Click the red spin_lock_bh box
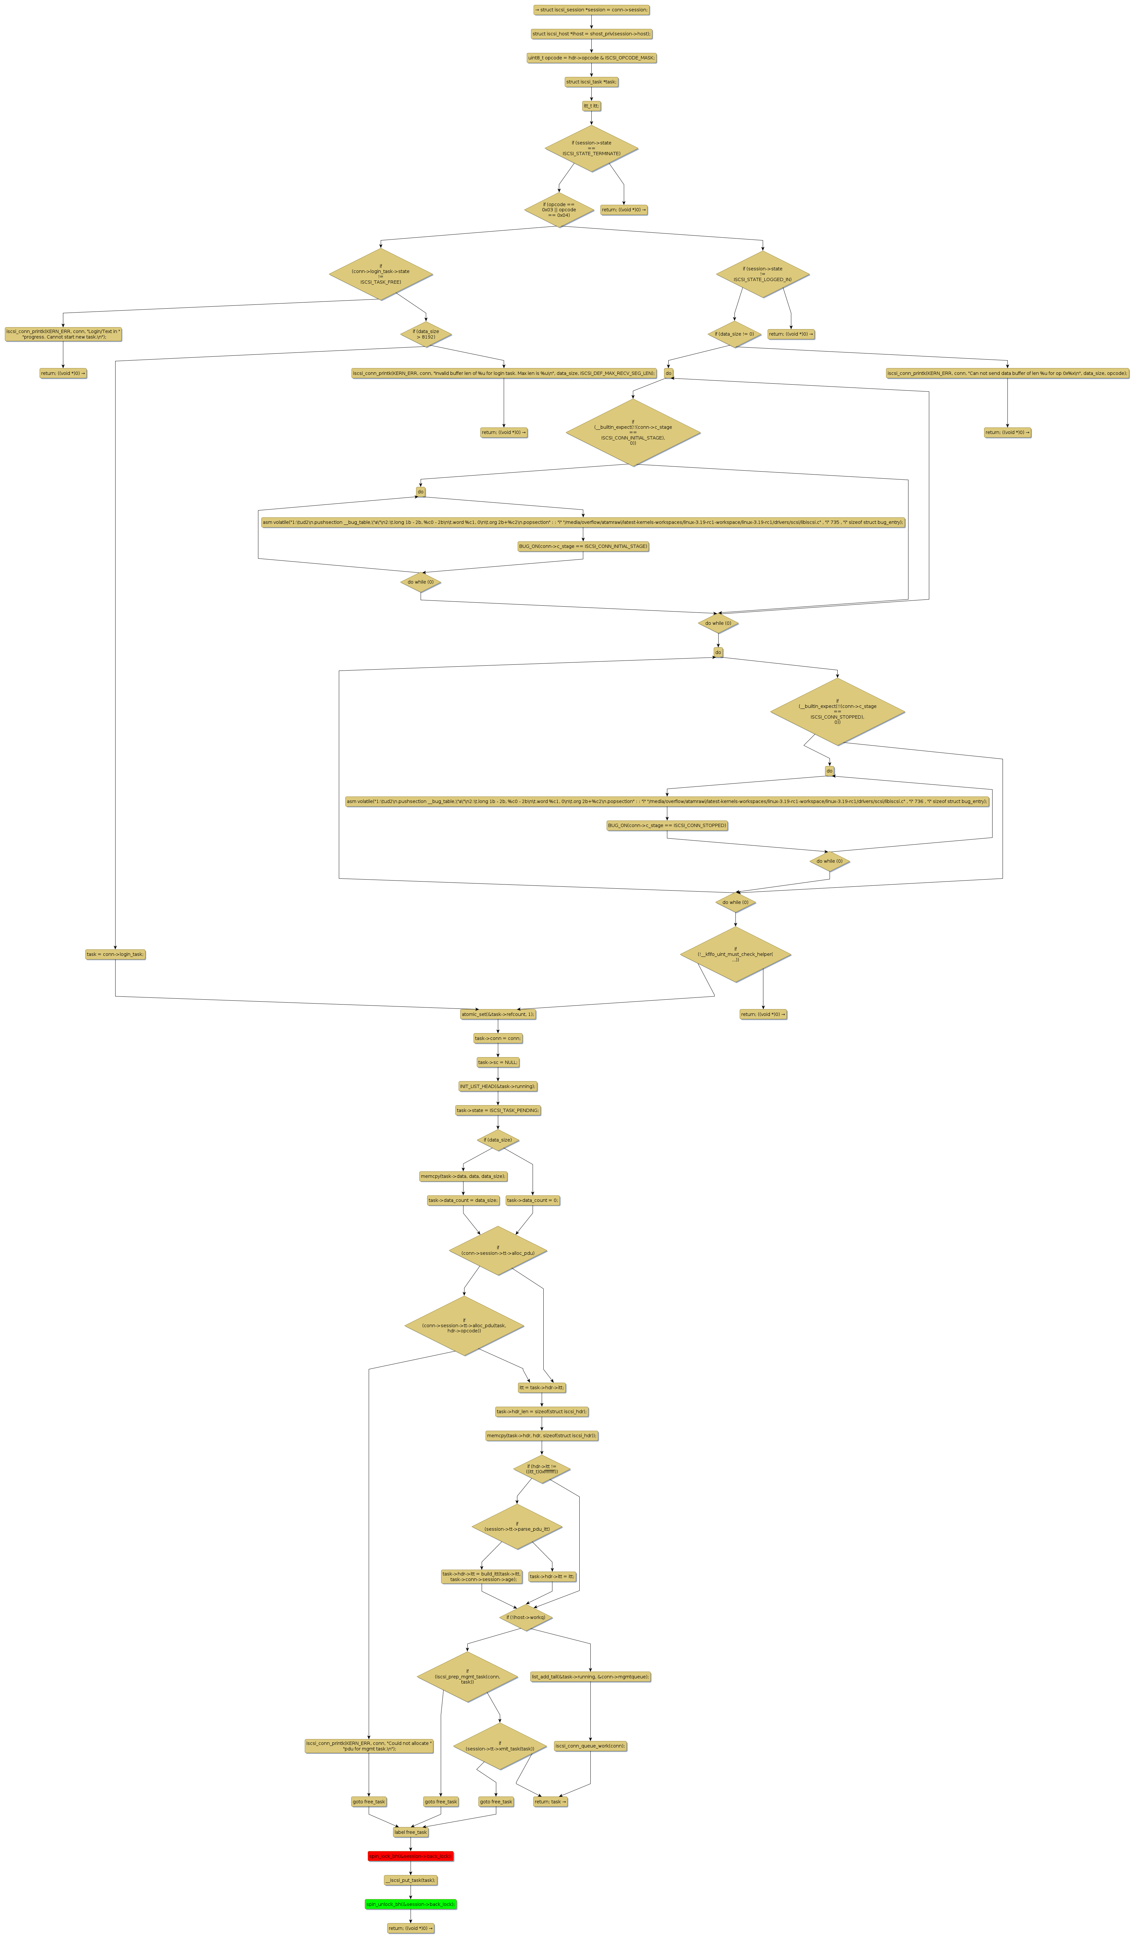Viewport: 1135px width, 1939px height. point(410,1856)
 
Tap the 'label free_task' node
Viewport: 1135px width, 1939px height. point(410,1832)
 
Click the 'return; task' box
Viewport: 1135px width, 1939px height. point(550,1801)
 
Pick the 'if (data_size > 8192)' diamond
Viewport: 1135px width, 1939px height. point(426,334)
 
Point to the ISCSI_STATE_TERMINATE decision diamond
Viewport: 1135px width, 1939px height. point(591,148)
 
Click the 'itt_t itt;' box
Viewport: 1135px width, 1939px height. point(591,105)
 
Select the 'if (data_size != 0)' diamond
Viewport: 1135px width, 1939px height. point(734,334)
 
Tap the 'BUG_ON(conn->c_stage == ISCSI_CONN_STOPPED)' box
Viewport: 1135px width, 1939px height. point(666,825)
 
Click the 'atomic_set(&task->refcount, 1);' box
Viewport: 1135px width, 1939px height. point(498,1014)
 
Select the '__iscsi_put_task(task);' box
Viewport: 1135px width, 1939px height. point(410,1880)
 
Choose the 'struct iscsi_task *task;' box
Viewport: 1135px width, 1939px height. point(591,81)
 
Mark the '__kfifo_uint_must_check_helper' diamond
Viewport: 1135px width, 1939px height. point(735,954)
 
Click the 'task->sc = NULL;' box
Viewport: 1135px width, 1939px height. point(498,1062)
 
